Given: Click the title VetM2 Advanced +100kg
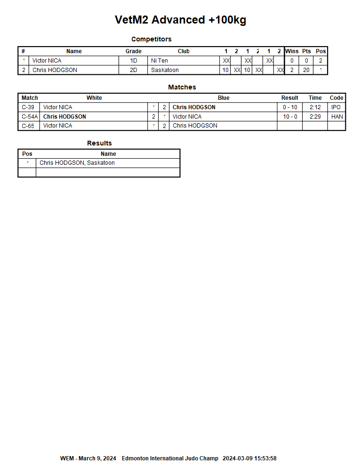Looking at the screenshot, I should (x=180, y=20).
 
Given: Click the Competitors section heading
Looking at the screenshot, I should (x=151, y=39).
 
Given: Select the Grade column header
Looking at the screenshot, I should (x=133, y=51).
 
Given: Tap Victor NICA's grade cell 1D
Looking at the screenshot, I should (x=133, y=61).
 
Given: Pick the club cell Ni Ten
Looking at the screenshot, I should (x=160, y=61).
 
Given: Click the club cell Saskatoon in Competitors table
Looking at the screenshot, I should (x=165, y=70).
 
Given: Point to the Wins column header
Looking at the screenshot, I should (x=292, y=51).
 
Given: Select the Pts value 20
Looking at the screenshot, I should (x=306, y=70).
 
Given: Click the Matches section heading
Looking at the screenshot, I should (x=182, y=87).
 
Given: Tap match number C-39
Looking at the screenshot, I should (x=28, y=107).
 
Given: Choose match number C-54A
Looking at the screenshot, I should (x=29, y=117).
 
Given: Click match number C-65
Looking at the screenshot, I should (x=28, y=126).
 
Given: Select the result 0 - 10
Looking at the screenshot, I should (x=290, y=107).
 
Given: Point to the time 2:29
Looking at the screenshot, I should (x=315, y=117).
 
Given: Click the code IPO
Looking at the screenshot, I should (x=336, y=107).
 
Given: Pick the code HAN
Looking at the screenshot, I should (x=337, y=117).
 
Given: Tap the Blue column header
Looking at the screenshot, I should (x=224, y=98).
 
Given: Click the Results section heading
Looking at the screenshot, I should (x=99, y=143).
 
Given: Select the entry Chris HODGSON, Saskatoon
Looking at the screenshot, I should (x=77, y=163).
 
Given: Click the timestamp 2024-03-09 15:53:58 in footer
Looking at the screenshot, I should (x=249, y=458).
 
